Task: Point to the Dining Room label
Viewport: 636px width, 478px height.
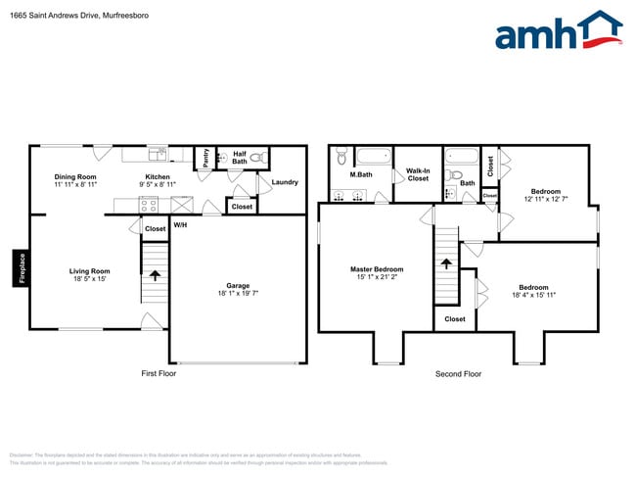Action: point(74,177)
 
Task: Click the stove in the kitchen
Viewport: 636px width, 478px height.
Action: point(150,206)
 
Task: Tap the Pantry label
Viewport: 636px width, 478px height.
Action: point(205,157)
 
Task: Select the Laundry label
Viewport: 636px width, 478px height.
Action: point(285,182)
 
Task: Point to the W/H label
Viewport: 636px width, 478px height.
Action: point(180,225)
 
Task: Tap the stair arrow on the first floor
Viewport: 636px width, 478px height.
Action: point(155,275)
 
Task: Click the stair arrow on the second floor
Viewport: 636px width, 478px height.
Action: point(446,263)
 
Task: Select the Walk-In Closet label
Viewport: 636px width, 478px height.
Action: point(418,175)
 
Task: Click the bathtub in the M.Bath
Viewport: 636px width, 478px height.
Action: point(372,157)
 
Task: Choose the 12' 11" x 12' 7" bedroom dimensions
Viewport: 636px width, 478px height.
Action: point(546,200)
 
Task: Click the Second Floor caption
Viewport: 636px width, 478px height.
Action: point(458,374)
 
